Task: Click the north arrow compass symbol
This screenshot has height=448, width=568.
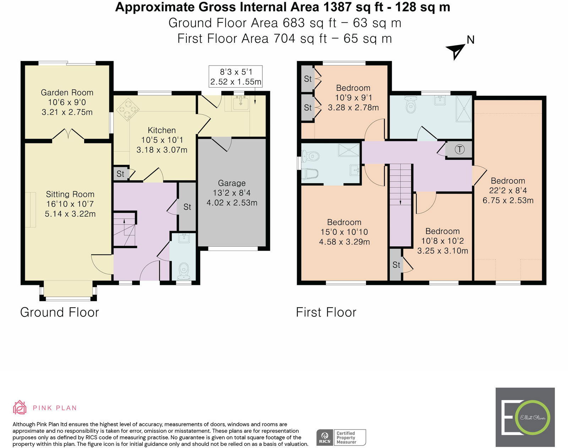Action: pos(456,51)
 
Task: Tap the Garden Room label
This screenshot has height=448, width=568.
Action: pos(67,93)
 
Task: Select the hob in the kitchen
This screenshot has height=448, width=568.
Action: pos(128,110)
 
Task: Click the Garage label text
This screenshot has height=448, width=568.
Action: pos(232,183)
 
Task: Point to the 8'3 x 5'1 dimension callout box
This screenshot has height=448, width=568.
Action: pos(235,77)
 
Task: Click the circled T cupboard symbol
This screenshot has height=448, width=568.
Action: pos(459,150)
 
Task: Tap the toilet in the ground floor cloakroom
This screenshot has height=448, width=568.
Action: pos(184,271)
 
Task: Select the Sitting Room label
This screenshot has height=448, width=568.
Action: pos(70,194)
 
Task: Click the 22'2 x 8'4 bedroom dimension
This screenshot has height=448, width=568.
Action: pos(508,191)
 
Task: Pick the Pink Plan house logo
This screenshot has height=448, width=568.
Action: pos(20,407)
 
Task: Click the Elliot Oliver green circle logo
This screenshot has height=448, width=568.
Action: pos(533,418)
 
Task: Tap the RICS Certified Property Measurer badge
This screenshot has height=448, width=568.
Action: pos(341,438)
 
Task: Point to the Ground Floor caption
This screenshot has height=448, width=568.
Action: pos(59,312)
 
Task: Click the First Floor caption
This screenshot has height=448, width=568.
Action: pos(326,312)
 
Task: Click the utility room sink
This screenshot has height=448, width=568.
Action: pos(240,103)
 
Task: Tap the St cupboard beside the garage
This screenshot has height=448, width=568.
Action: pos(187,207)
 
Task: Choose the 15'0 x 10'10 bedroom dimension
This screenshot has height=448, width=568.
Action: pos(344,232)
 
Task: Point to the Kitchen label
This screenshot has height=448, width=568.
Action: pos(162,130)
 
